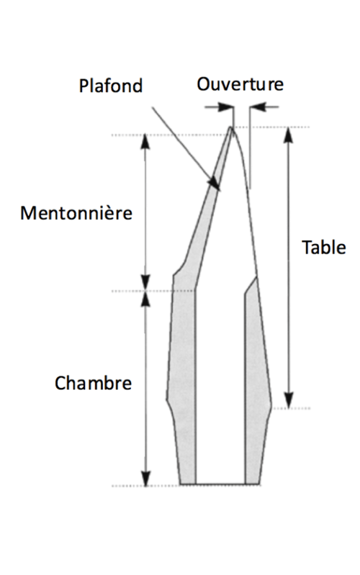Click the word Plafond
[110, 86]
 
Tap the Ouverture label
[240, 84]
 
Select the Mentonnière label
[76, 213]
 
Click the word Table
[324, 247]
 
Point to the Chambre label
[93, 383]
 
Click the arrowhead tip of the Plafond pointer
[220, 190]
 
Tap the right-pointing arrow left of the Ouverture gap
[220, 107]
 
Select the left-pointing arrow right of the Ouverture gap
[264, 107]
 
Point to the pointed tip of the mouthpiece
[230, 127]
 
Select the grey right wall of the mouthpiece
[256, 381]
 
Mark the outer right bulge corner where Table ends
[271, 407]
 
